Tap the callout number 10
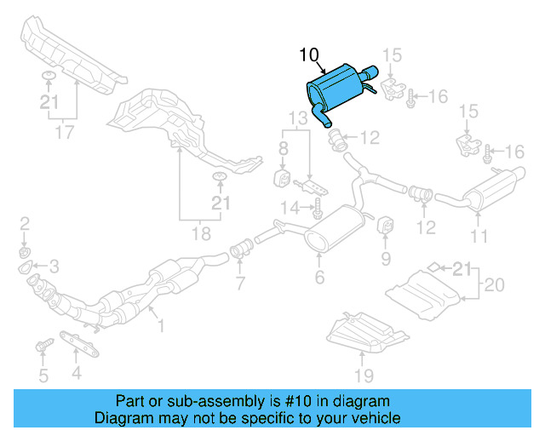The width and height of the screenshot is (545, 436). coord(309,56)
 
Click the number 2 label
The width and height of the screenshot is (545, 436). coord(25,223)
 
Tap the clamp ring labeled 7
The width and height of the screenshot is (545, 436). coord(240,250)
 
